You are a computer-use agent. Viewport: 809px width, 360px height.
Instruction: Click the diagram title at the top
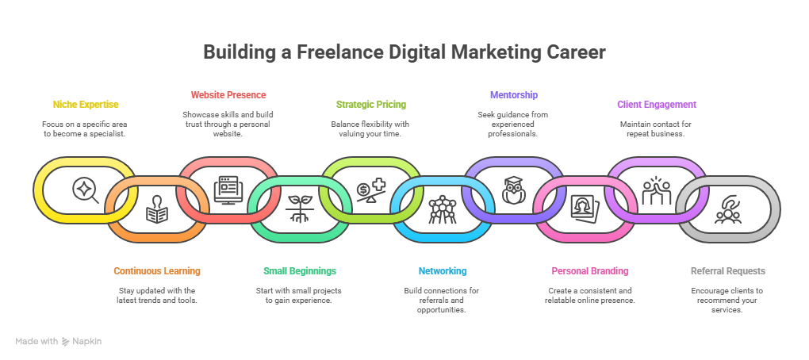point(403,54)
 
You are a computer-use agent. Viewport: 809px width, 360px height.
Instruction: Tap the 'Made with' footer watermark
point(59,345)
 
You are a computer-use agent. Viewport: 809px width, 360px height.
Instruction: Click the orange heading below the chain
point(156,277)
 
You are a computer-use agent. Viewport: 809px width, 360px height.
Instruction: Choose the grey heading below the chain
point(727,277)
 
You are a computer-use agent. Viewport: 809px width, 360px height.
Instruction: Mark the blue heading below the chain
point(444,277)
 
